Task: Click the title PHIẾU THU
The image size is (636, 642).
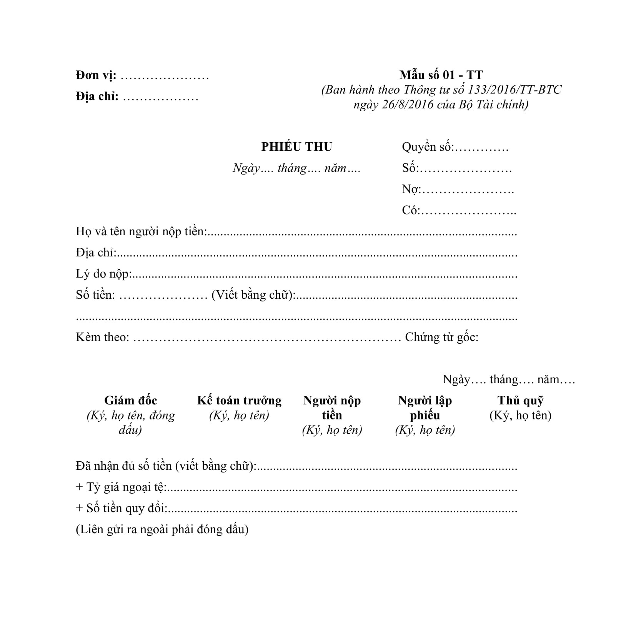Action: pos(296,147)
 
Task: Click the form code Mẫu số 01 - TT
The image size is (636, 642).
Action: pos(441,75)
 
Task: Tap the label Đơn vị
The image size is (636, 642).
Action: pos(96,75)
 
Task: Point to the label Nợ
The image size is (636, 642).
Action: pos(411,189)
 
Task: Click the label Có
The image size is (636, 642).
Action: pos(411,210)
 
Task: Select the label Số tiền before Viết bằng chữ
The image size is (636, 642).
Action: pos(95,295)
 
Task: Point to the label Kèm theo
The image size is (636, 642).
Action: pos(102,337)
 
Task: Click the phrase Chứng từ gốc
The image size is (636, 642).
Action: pos(441,337)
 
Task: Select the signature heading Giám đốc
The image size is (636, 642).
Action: pos(131,401)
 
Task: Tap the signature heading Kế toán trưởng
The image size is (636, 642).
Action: pos(239,401)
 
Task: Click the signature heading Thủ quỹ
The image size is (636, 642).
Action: pos(520,401)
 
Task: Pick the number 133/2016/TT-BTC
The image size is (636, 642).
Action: pos(514,90)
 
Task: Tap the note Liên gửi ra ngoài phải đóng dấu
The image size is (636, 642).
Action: pos(162,529)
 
